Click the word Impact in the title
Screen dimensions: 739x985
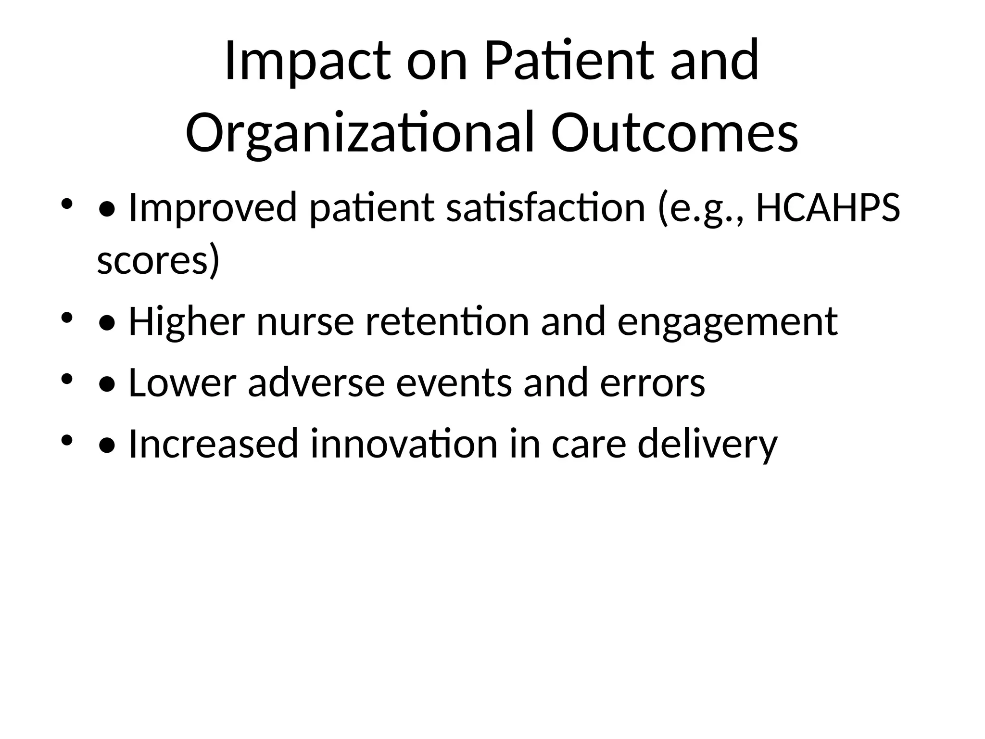click(307, 61)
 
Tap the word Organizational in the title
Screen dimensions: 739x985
click(360, 133)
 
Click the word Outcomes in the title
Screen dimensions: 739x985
click(675, 133)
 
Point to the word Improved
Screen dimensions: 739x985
click(213, 208)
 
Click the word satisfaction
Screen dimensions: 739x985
click(545, 208)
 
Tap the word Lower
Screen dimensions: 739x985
click(182, 383)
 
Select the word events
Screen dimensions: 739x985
click(454, 383)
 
